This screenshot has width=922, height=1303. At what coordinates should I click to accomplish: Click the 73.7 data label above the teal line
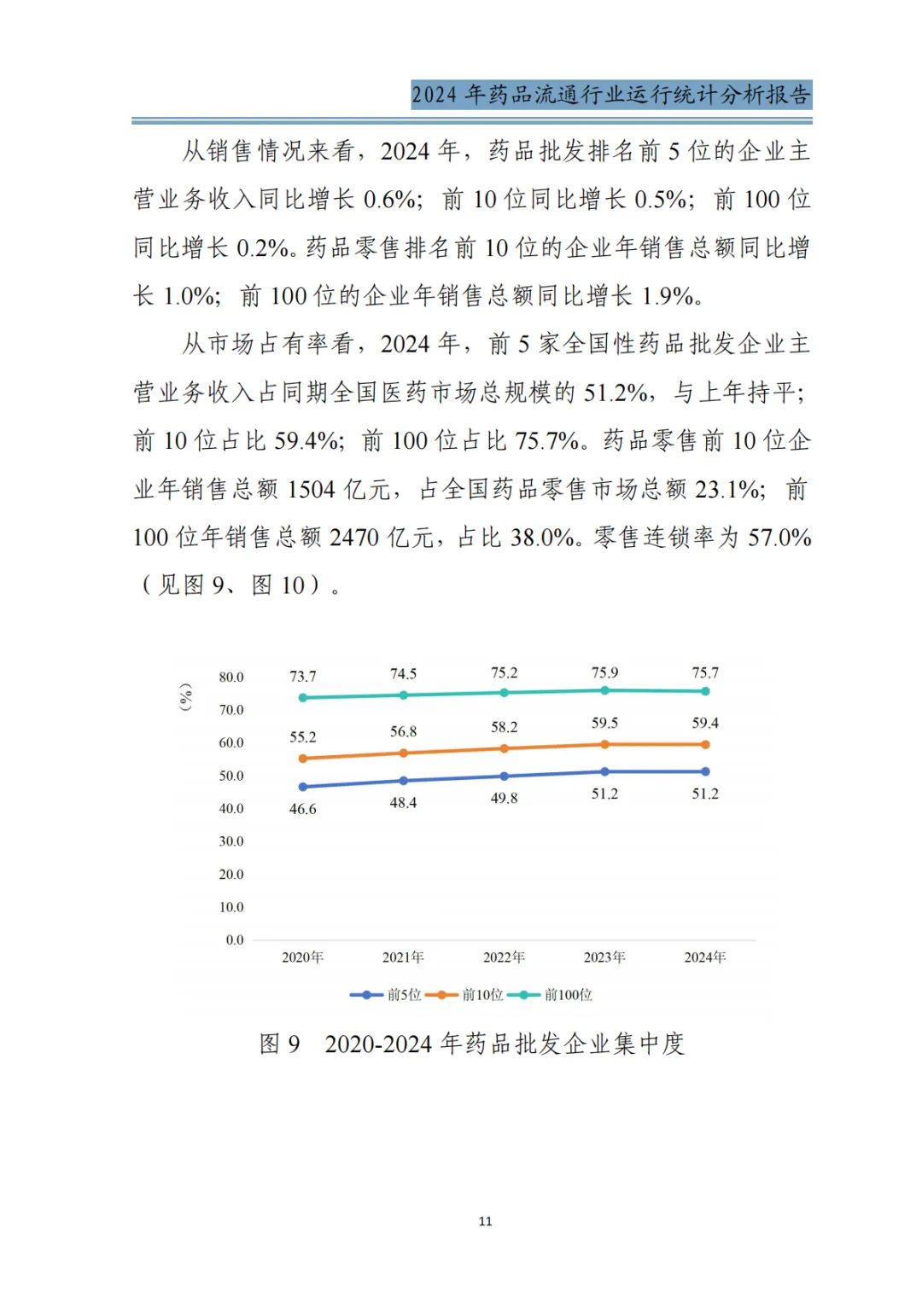coord(302,677)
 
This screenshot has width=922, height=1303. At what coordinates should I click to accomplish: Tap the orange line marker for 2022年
coord(504,748)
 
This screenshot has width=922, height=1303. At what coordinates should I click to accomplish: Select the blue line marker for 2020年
coord(303,787)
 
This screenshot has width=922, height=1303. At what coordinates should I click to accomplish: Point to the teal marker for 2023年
coord(604,690)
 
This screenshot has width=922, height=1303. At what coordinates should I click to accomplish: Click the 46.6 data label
coord(302,809)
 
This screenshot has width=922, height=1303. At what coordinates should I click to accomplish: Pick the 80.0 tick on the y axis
coord(230,678)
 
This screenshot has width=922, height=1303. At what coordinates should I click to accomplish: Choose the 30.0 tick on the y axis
coord(230,841)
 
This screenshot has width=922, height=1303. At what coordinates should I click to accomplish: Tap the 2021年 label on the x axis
coord(403,957)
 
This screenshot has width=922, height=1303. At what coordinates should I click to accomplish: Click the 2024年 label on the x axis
coord(704,957)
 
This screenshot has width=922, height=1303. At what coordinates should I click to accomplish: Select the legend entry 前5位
coord(404,995)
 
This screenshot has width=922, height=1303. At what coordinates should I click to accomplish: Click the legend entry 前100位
coord(568,995)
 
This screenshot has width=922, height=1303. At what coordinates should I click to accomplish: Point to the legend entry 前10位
coord(482,995)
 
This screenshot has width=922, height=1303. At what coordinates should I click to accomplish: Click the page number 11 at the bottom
coord(485,1221)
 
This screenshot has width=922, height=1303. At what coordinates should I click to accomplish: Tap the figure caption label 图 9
coord(280,1044)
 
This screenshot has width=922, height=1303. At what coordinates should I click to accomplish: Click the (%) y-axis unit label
coord(185,696)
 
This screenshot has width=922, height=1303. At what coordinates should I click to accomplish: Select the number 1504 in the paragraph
coord(312,490)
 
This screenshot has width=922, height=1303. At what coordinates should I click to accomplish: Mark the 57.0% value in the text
coord(779,538)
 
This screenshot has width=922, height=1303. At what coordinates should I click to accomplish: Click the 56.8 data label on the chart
coord(403,732)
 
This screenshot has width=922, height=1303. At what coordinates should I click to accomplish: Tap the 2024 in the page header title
coord(434,95)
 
